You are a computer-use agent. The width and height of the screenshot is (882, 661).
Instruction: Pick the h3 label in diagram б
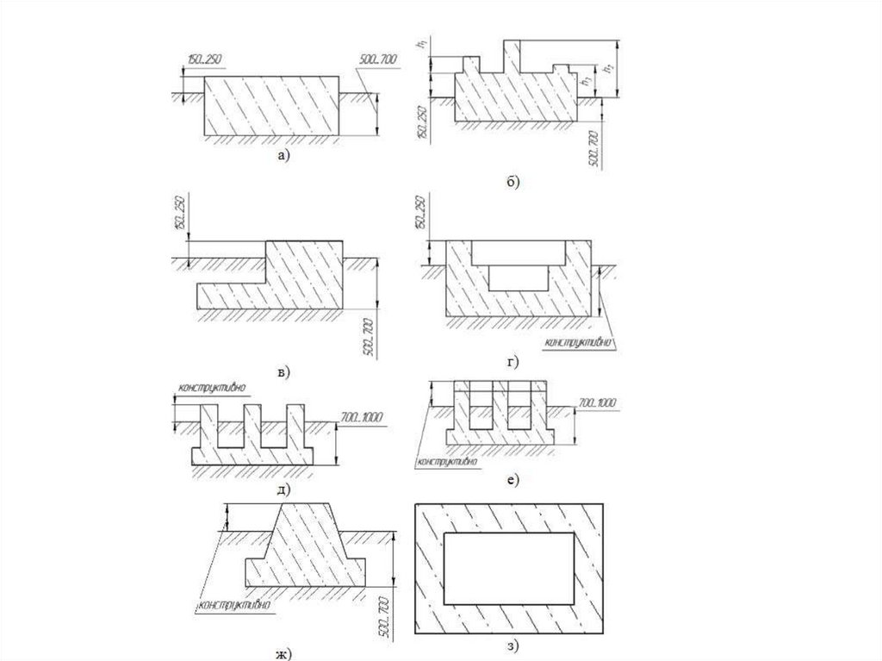pos(586,78)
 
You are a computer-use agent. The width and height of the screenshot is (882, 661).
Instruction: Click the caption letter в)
pos(283,371)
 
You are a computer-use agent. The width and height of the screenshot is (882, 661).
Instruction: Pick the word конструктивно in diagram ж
pos(234,605)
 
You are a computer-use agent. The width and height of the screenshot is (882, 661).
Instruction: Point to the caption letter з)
pos(514,645)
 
